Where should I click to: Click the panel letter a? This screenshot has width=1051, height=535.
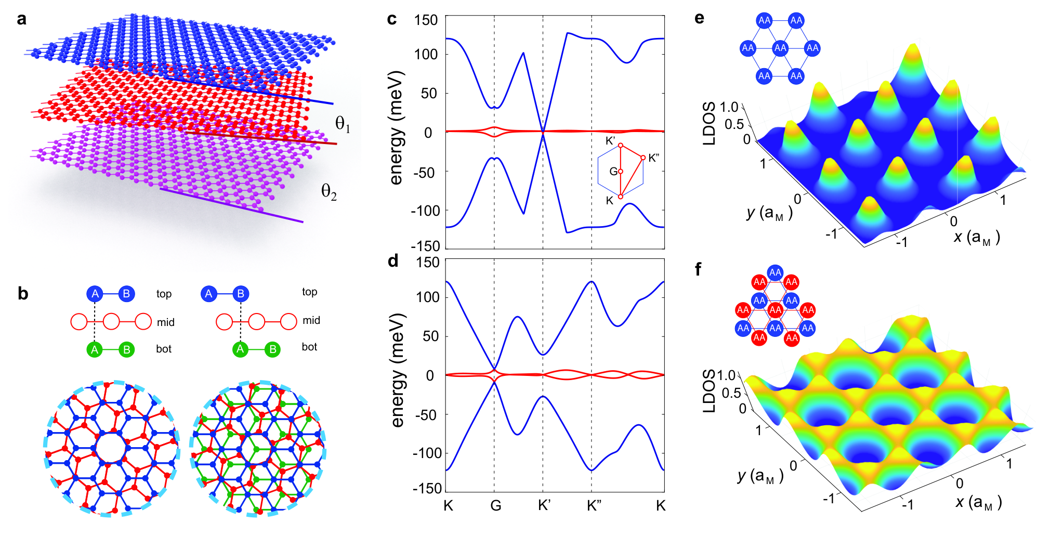tap(21, 20)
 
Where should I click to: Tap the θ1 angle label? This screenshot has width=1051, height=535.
tap(343, 124)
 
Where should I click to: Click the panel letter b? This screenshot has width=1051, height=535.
tap(23, 294)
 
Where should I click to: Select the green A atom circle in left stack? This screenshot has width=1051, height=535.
tap(95, 349)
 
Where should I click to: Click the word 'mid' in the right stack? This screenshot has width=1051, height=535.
tap(311, 320)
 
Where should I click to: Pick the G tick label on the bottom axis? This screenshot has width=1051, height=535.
tap(495, 505)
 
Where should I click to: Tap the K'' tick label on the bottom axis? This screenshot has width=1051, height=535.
tap(594, 505)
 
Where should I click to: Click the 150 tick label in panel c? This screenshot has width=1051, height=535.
tap(426, 20)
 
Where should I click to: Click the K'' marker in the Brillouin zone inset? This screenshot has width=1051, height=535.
tap(643, 158)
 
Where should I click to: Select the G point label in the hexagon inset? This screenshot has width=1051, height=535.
tap(613, 171)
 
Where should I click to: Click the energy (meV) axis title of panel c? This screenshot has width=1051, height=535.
tap(396, 127)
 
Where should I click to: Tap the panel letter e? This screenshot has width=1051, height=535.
tap(700, 19)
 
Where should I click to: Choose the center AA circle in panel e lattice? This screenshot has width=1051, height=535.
tap(780, 48)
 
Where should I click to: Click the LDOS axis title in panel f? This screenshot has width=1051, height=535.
tap(708, 391)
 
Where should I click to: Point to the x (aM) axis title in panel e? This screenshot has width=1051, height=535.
tap(977, 237)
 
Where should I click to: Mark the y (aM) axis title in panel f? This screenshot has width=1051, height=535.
tap(760, 476)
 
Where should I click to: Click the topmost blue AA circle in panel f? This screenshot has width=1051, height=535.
tap(776, 272)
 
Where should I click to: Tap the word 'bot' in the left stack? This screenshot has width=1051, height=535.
tap(164, 349)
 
